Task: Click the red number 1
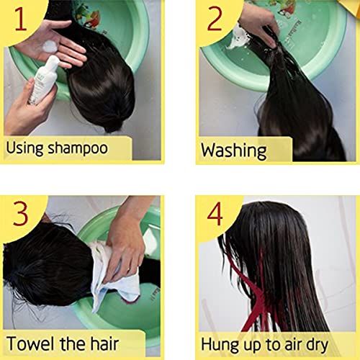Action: [x=21, y=19]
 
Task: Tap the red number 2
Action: [x=215, y=19]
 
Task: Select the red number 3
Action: [x=21, y=213]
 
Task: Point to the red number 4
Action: [x=215, y=213]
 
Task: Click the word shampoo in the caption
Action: [x=78, y=148]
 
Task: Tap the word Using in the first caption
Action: [x=25, y=148]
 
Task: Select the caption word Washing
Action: [x=234, y=150]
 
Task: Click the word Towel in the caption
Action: [x=30, y=343]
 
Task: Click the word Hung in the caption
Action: [x=220, y=345]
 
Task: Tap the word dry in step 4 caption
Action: [x=318, y=346]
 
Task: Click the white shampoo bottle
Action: [x=44, y=79]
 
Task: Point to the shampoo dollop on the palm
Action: [x=50, y=46]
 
